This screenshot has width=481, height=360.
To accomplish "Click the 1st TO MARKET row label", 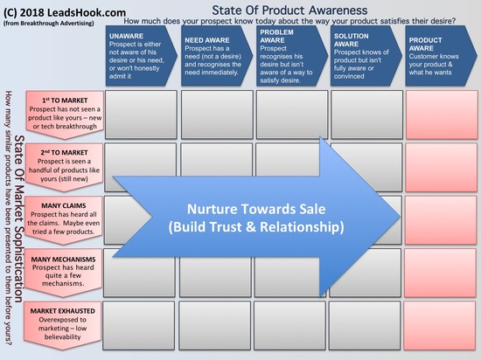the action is pos(65,114).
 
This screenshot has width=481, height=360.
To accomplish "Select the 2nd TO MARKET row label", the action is pos(64,168).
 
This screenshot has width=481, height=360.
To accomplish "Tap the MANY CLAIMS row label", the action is pos(63,220).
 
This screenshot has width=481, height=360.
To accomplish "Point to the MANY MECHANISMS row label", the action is pos(63,273).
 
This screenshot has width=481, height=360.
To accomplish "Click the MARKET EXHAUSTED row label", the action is pos(62,325).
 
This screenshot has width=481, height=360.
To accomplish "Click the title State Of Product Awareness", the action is pos(289,10).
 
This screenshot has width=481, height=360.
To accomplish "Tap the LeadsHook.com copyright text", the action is pos(65,12).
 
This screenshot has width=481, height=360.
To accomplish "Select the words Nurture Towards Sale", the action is pos(256,209).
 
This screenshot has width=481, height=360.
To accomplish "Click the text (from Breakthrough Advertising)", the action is pos(49,24).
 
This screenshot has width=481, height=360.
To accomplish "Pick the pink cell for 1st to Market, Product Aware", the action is pos(442,114).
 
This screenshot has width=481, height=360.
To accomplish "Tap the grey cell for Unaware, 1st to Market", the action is pos(141,114).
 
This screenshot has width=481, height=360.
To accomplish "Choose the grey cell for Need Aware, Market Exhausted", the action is pos(215,325).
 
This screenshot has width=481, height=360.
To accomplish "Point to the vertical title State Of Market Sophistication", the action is pos(19,218).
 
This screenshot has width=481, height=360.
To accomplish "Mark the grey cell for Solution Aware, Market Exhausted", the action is pos(365,325).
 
